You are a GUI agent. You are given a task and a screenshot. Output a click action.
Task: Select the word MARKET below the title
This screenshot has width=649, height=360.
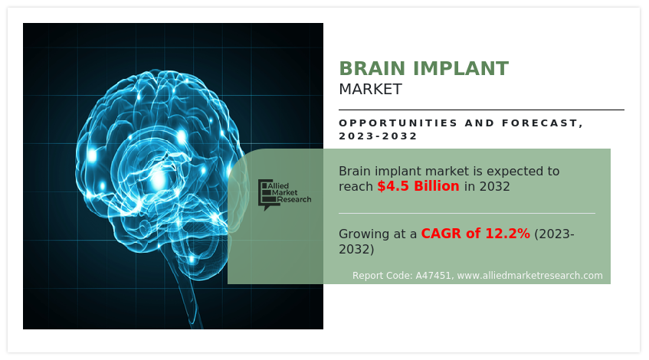370,90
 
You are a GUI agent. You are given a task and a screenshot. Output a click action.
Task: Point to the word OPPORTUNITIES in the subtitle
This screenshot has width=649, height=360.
398,123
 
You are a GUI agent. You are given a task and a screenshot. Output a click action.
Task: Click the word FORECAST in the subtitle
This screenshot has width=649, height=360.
540,123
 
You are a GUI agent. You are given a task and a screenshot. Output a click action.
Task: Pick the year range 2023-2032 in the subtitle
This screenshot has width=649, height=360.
378,136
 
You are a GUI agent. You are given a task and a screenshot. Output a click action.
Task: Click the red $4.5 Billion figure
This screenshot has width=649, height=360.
418,186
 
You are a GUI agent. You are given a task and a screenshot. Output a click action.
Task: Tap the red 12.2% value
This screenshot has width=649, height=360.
507,234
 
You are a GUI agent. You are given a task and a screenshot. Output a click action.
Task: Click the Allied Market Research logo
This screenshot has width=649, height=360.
284,195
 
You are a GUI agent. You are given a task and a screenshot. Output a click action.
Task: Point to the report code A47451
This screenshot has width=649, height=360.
434,276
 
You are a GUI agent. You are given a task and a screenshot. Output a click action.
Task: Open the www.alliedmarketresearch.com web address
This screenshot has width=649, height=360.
529,276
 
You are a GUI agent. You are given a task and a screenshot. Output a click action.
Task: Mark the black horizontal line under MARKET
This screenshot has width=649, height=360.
481,110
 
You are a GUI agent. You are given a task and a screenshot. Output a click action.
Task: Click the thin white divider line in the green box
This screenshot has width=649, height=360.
467,214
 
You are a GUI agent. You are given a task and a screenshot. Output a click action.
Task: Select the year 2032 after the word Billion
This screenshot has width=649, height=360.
495,187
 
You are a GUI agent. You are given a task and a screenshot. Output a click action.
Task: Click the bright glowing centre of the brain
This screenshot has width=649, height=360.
159,179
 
